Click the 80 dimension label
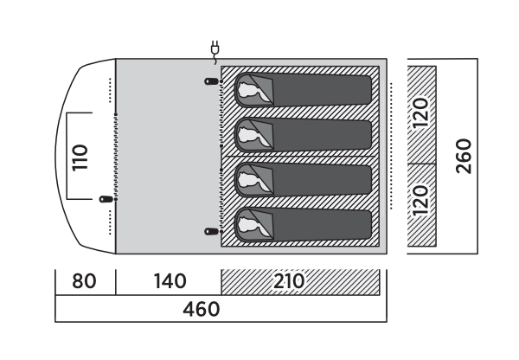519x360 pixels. tap(85, 281)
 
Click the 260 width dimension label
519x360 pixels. tap(465, 157)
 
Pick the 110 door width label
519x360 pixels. tap(80, 157)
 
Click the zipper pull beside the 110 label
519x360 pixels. tap(106, 199)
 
